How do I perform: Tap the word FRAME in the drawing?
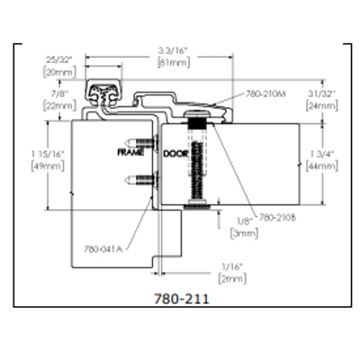(x=131, y=153)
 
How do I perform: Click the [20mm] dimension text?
(x=59, y=72)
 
